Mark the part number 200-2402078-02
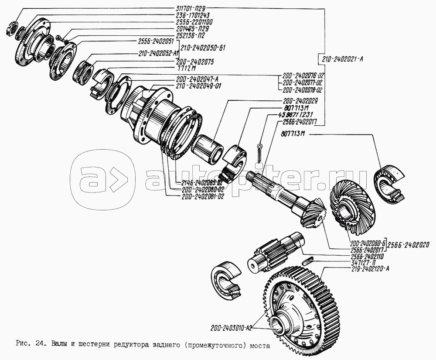(303, 90)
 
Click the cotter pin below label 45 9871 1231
(260, 152)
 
